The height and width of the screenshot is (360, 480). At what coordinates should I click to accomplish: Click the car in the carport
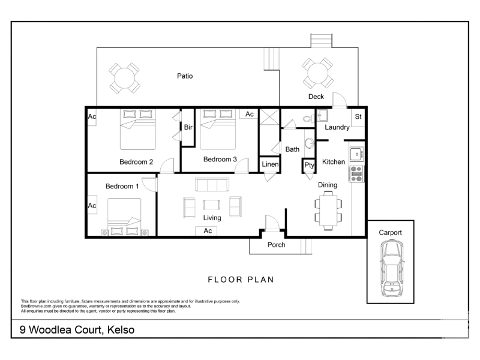(x=392, y=268)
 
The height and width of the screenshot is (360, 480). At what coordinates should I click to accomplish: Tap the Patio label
(x=185, y=76)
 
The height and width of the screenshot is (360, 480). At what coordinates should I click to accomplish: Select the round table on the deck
(x=318, y=73)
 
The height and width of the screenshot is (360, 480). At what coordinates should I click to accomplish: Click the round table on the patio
(x=124, y=79)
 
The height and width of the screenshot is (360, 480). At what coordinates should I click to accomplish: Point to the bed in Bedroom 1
(x=124, y=217)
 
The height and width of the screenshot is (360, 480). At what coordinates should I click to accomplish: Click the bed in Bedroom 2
(x=138, y=129)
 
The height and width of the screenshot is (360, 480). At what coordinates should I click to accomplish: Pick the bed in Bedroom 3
(x=218, y=129)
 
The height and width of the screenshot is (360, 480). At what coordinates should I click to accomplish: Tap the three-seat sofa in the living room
(x=212, y=185)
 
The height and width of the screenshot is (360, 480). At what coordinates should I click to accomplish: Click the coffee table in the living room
(x=211, y=205)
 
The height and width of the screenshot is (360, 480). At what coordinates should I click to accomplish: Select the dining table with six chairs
(x=328, y=211)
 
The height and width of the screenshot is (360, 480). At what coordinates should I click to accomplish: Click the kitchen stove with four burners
(x=356, y=174)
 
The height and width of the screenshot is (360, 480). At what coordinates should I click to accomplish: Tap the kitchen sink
(x=356, y=154)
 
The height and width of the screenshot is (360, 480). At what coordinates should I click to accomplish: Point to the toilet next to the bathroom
(x=308, y=118)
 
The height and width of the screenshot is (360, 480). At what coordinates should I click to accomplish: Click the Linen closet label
(x=271, y=164)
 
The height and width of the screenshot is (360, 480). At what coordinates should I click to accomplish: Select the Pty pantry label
(x=309, y=166)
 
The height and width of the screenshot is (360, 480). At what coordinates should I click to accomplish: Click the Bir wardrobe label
(x=188, y=127)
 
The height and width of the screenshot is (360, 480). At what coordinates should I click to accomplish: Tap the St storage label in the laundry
(x=358, y=116)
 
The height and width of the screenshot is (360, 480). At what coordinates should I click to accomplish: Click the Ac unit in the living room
(x=208, y=231)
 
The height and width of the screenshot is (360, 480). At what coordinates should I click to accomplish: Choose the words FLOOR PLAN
(x=241, y=280)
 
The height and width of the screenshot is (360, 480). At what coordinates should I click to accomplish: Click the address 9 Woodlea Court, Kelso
(x=77, y=329)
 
